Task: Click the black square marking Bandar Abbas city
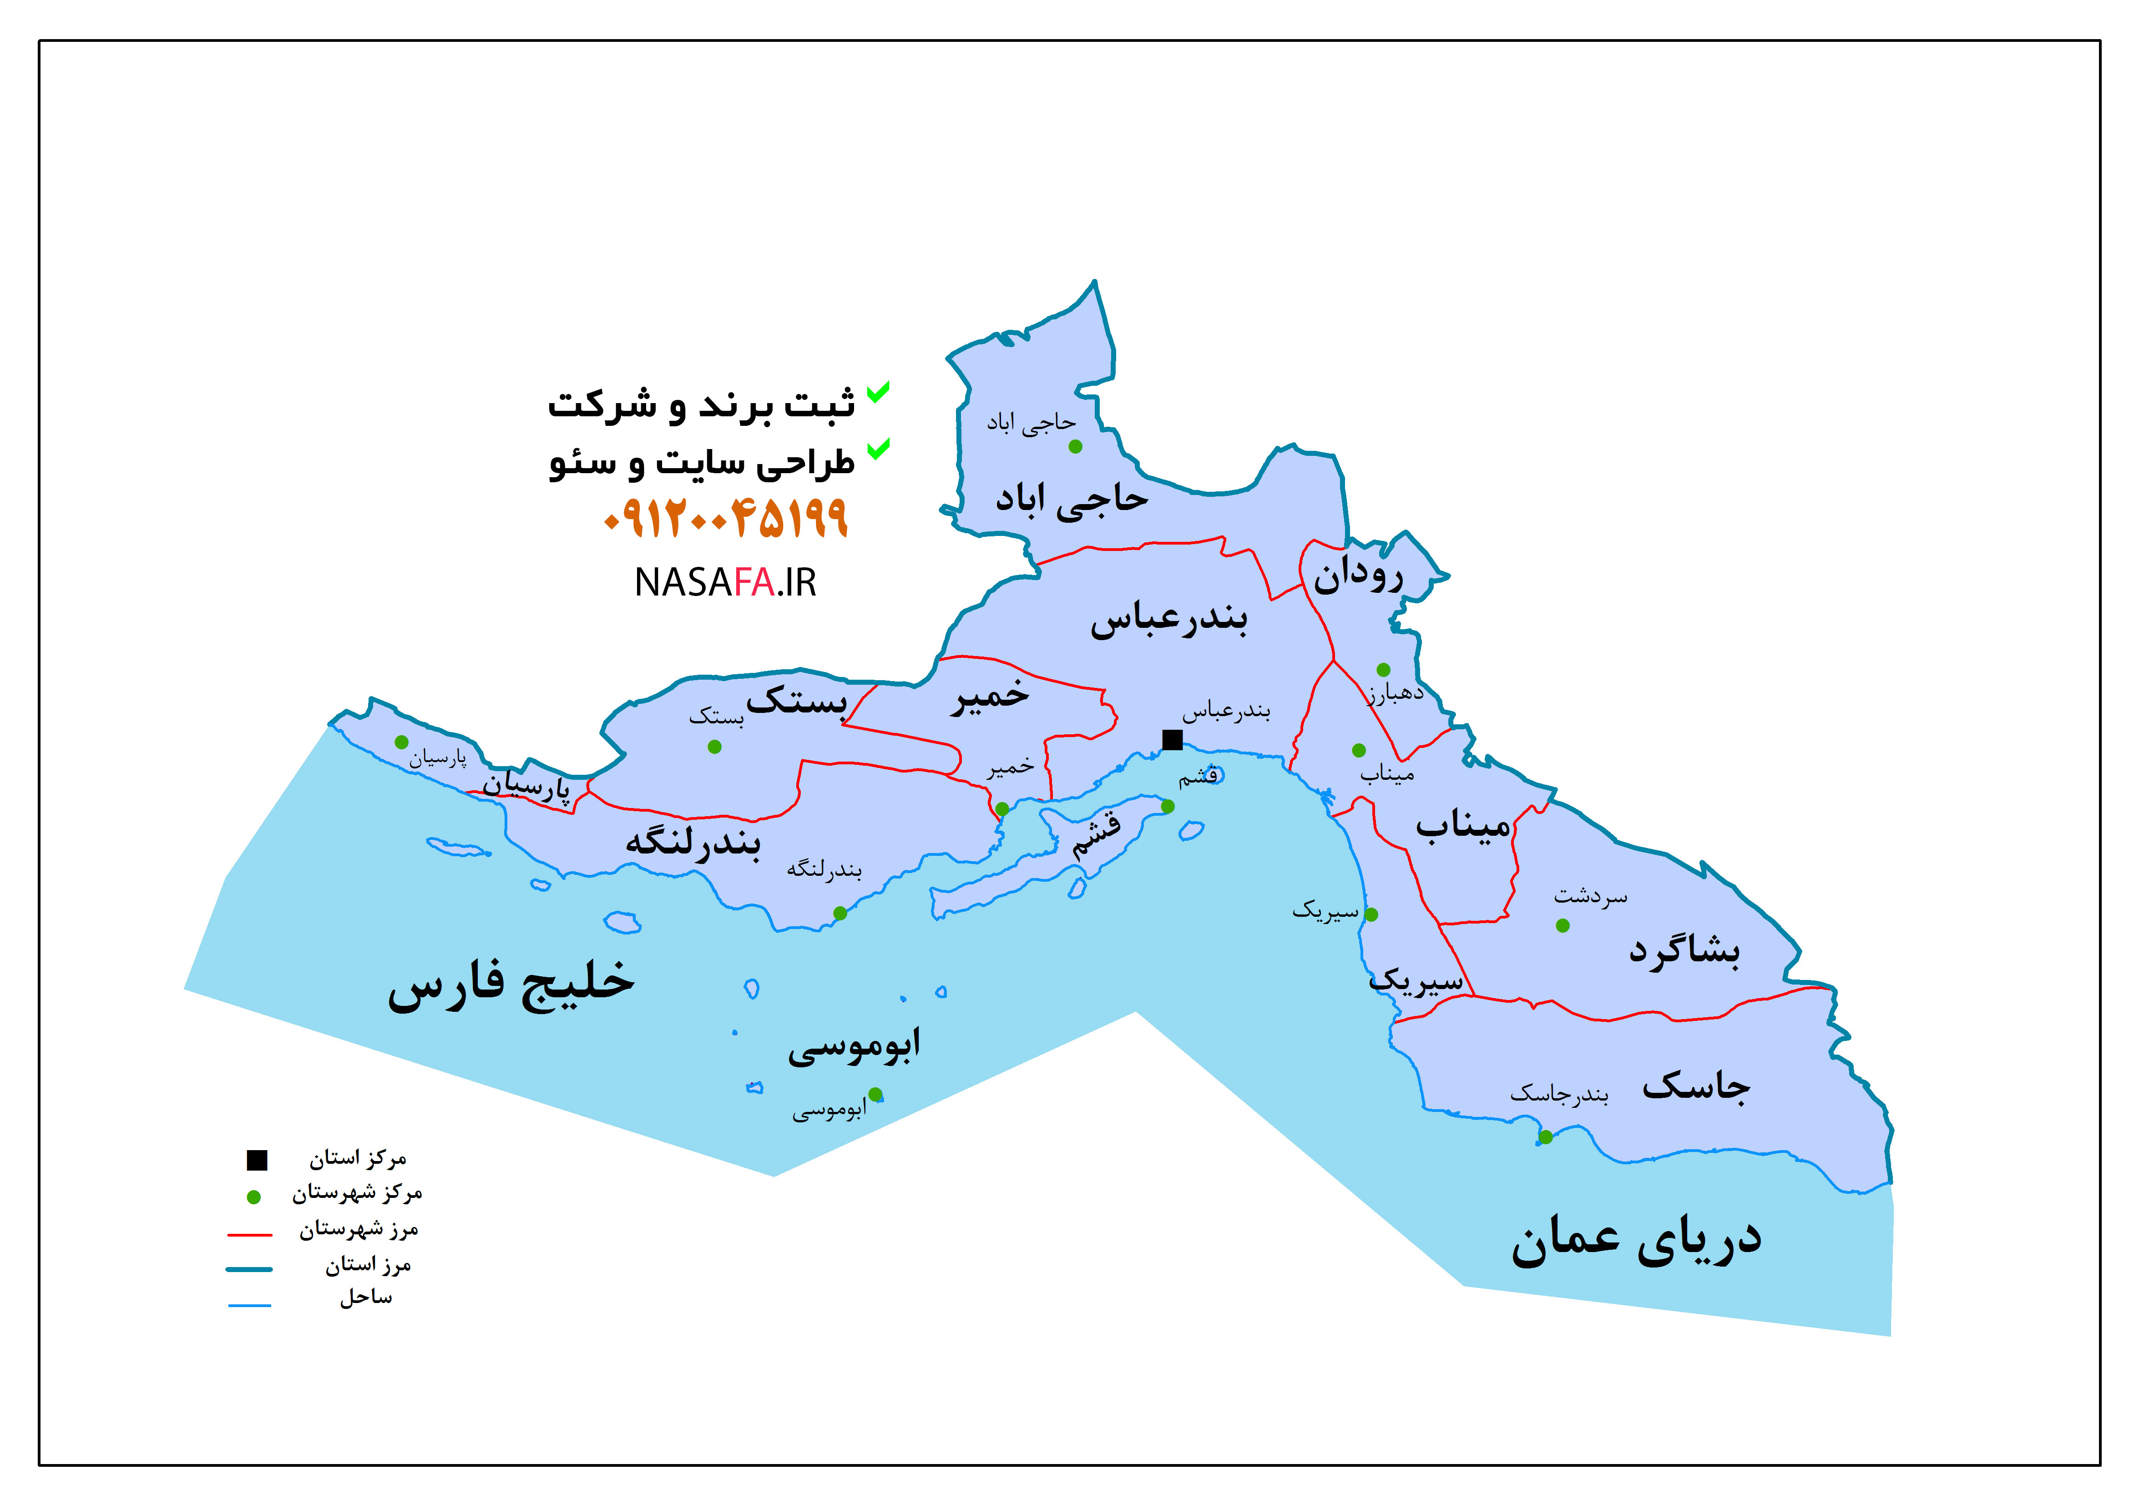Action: pyautogui.click(x=1172, y=739)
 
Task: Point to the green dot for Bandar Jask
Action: pyautogui.click(x=1545, y=1137)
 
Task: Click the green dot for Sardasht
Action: pyautogui.click(x=1563, y=925)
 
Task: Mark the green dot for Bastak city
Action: pyautogui.click(x=714, y=747)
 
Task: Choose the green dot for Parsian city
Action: pyautogui.click(x=401, y=742)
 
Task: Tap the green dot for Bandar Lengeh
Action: pyautogui.click(x=840, y=914)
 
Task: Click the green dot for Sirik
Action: pyautogui.click(x=1371, y=914)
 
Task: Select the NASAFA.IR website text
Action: pyautogui.click(x=725, y=582)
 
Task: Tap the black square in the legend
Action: pyautogui.click(x=257, y=1159)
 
